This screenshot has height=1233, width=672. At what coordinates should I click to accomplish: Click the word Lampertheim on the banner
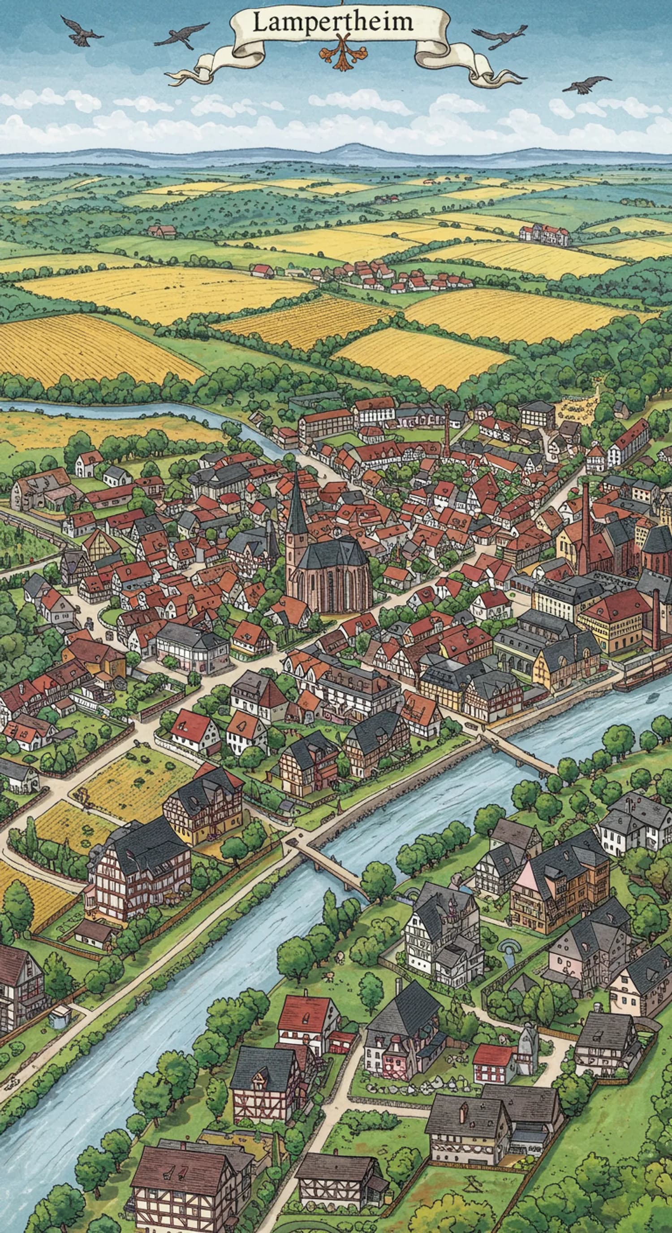click(x=332, y=23)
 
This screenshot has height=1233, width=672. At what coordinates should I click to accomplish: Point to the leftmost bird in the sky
click(x=81, y=33)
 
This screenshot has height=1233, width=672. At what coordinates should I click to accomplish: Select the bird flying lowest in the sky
click(x=586, y=84)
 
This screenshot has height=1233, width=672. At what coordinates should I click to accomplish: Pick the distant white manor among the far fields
click(x=544, y=234)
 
